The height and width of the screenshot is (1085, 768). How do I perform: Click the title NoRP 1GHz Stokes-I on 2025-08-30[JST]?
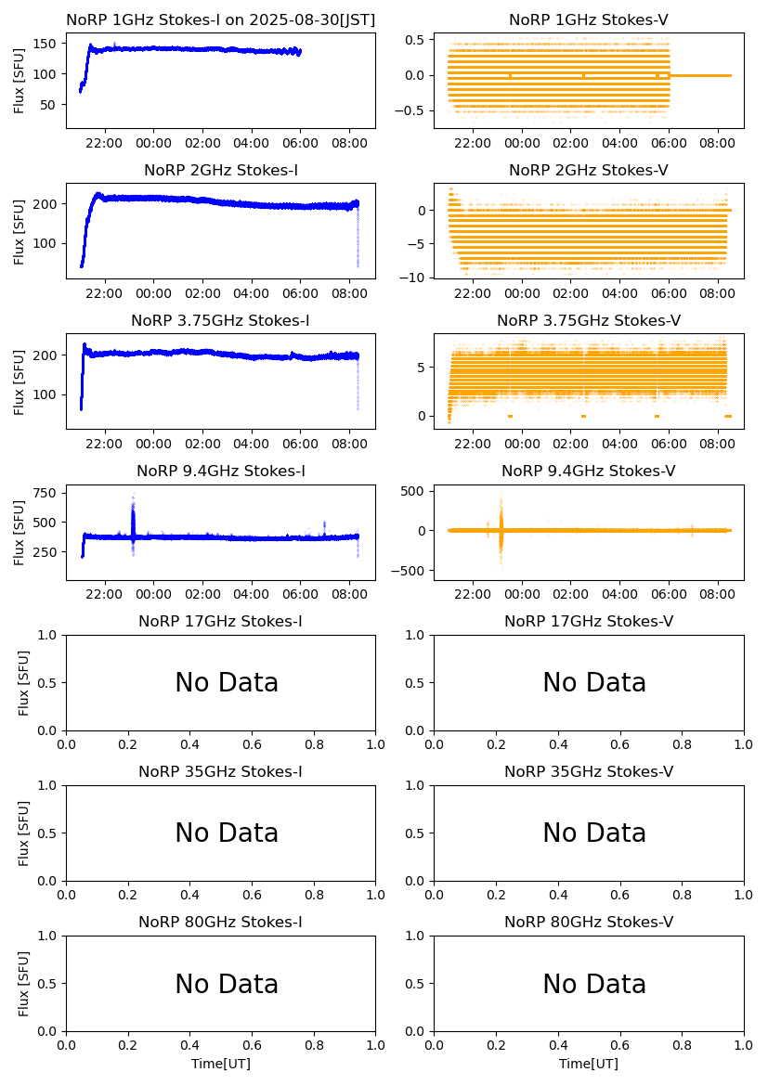click(220, 20)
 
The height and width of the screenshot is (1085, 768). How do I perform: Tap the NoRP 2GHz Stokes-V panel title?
click(589, 171)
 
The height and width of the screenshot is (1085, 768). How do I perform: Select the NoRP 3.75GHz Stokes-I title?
click(220, 321)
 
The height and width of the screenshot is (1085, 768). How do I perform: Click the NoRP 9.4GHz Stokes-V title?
click(589, 471)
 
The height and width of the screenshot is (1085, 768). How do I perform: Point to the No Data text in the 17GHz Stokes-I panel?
click(227, 683)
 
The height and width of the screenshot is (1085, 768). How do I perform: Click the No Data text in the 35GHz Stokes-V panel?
click(594, 833)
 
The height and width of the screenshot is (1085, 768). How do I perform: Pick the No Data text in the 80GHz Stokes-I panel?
click(227, 984)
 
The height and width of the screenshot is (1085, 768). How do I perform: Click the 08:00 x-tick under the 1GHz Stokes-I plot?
click(349, 143)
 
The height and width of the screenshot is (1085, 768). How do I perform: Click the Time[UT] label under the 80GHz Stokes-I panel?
click(221, 1064)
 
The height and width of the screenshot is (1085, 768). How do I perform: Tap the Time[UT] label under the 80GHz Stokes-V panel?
click(589, 1064)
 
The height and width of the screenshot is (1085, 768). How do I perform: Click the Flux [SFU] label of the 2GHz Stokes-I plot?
click(20, 230)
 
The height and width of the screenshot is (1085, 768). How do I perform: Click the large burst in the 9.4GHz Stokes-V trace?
click(501, 529)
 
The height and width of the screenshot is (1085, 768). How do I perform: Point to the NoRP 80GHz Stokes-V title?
click(589, 923)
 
